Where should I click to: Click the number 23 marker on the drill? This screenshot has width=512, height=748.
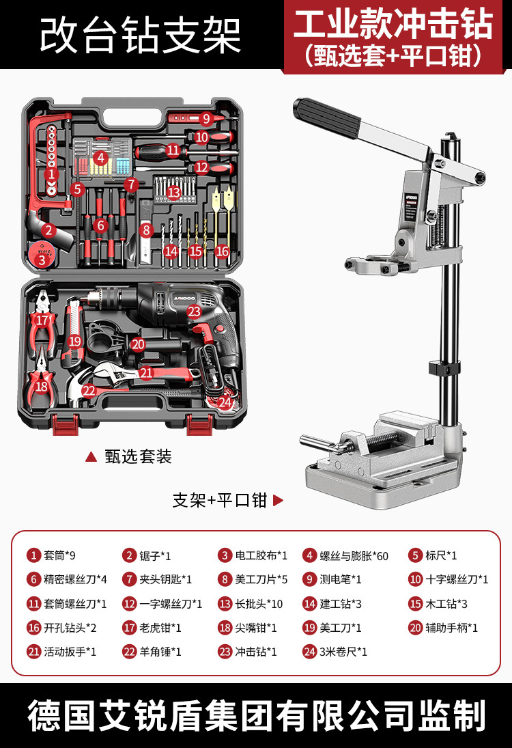[x=194, y=311]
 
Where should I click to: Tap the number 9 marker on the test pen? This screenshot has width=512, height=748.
[x=206, y=118]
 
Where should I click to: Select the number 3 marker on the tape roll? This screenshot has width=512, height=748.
[x=42, y=260]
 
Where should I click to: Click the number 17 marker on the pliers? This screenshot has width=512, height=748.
[x=42, y=320]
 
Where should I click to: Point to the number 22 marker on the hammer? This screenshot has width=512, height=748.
[x=89, y=391]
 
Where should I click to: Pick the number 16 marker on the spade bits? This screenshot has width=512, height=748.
[x=222, y=251]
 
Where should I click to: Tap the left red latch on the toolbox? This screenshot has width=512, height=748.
[x=65, y=424]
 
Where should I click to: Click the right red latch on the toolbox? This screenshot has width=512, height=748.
[x=200, y=424]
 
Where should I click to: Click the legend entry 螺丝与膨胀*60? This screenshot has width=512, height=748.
[x=345, y=555]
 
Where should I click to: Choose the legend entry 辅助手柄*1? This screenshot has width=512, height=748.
[x=443, y=628]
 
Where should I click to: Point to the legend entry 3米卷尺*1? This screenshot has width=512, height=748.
[x=335, y=652]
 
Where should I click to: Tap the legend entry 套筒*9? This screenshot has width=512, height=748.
[x=51, y=555]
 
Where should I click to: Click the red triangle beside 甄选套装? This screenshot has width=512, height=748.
[x=91, y=457]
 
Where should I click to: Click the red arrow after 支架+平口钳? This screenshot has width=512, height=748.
[x=278, y=501]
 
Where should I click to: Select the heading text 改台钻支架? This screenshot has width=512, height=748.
[x=141, y=36]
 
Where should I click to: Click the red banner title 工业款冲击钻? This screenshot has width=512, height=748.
[x=393, y=24]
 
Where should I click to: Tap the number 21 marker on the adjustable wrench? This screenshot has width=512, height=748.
[x=146, y=373]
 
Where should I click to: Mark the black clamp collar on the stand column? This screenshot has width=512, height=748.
[x=444, y=368]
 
